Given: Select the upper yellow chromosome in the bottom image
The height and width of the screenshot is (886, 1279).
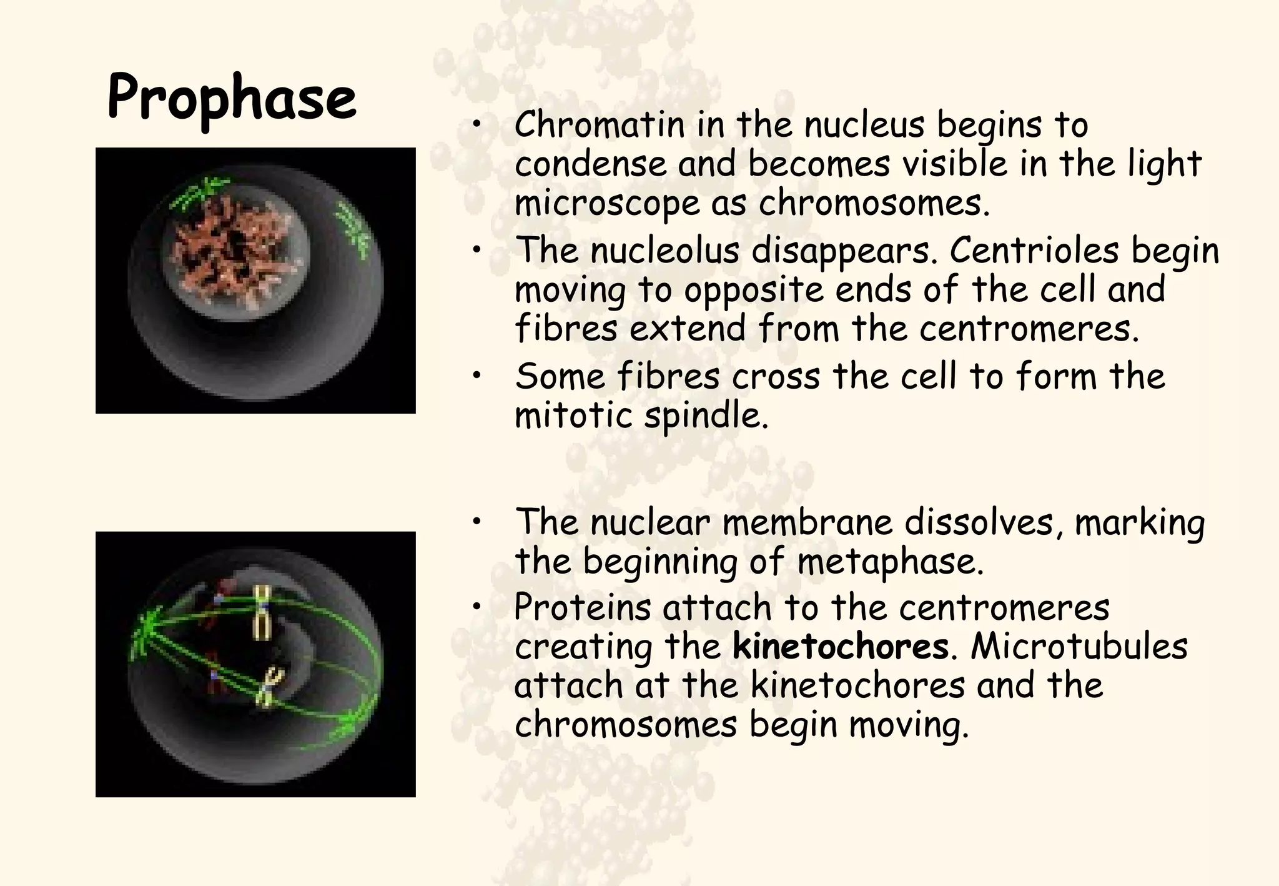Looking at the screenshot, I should click(x=261, y=613).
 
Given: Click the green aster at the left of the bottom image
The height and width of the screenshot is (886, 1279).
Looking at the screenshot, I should click(x=144, y=631).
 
